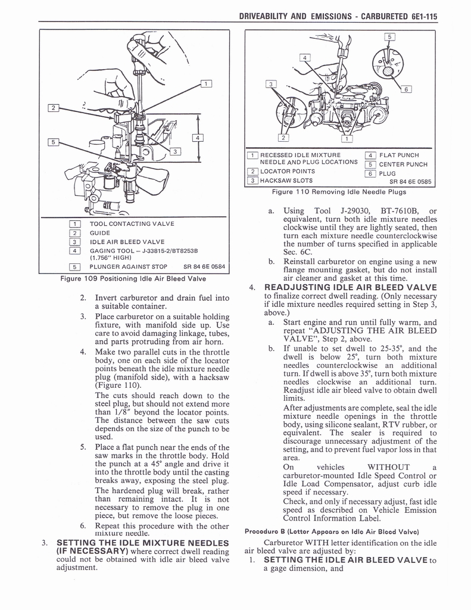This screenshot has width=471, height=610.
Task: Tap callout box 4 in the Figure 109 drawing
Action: click(198, 138)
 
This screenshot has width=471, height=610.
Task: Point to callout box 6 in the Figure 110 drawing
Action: click(407, 89)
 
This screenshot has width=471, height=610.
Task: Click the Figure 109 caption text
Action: click(133, 279)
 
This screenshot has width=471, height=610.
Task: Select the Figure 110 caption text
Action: click(339, 192)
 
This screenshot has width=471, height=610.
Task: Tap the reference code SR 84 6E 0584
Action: click(204, 266)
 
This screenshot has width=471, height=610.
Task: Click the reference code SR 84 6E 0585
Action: click(410, 182)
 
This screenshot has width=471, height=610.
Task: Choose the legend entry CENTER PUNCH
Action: click(403, 164)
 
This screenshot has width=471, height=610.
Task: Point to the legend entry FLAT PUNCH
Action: click(399, 155)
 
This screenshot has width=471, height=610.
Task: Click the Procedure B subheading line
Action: click(332, 531)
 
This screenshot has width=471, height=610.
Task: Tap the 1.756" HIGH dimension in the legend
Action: click(110, 258)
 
